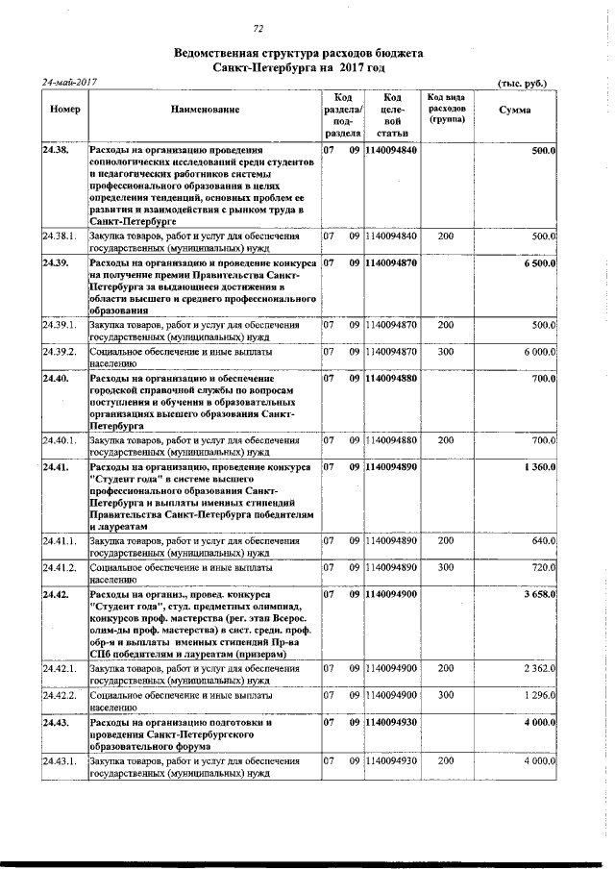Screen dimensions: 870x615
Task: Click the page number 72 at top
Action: pyautogui.click(x=258, y=28)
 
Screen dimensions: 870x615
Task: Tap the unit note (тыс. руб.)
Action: pyautogui.click(x=523, y=83)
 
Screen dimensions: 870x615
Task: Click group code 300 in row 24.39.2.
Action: pyautogui.click(x=445, y=353)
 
